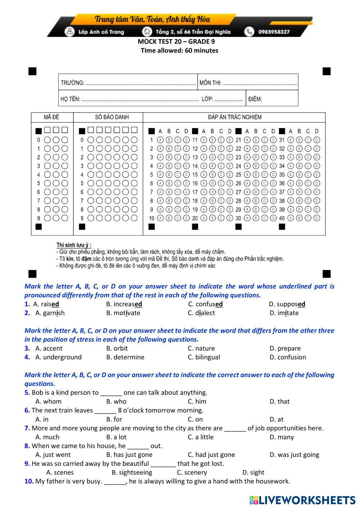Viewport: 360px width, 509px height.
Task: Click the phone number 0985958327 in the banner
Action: (x=274, y=32)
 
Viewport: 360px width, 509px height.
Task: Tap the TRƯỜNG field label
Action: (x=72, y=83)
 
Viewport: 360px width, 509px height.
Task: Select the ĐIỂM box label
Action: (x=255, y=99)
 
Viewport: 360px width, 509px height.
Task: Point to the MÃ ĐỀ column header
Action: (x=51, y=117)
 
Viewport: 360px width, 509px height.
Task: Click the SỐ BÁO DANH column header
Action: (x=112, y=117)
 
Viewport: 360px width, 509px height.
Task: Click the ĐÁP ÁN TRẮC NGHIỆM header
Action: (x=235, y=117)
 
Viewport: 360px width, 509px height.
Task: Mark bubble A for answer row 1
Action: (x=160, y=140)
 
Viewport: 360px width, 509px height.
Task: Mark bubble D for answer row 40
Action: (x=316, y=218)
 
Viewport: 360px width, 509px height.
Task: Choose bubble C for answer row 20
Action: (x=221, y=218)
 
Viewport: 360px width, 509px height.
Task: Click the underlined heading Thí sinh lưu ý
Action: (x=74, y=245)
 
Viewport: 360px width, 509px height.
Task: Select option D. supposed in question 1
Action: (x=287, y=304)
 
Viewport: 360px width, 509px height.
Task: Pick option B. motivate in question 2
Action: (x=123, y=313)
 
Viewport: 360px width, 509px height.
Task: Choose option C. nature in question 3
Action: (x=201, y=348)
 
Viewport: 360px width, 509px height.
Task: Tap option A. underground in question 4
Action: (x=58, y=357)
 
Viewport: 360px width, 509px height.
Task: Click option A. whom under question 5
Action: (x=49, y=402)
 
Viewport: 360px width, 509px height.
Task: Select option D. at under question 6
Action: (x=276, y=419)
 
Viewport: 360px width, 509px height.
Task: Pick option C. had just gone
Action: (x=211, y=455)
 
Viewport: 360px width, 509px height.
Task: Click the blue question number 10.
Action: (x=29, y=482)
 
